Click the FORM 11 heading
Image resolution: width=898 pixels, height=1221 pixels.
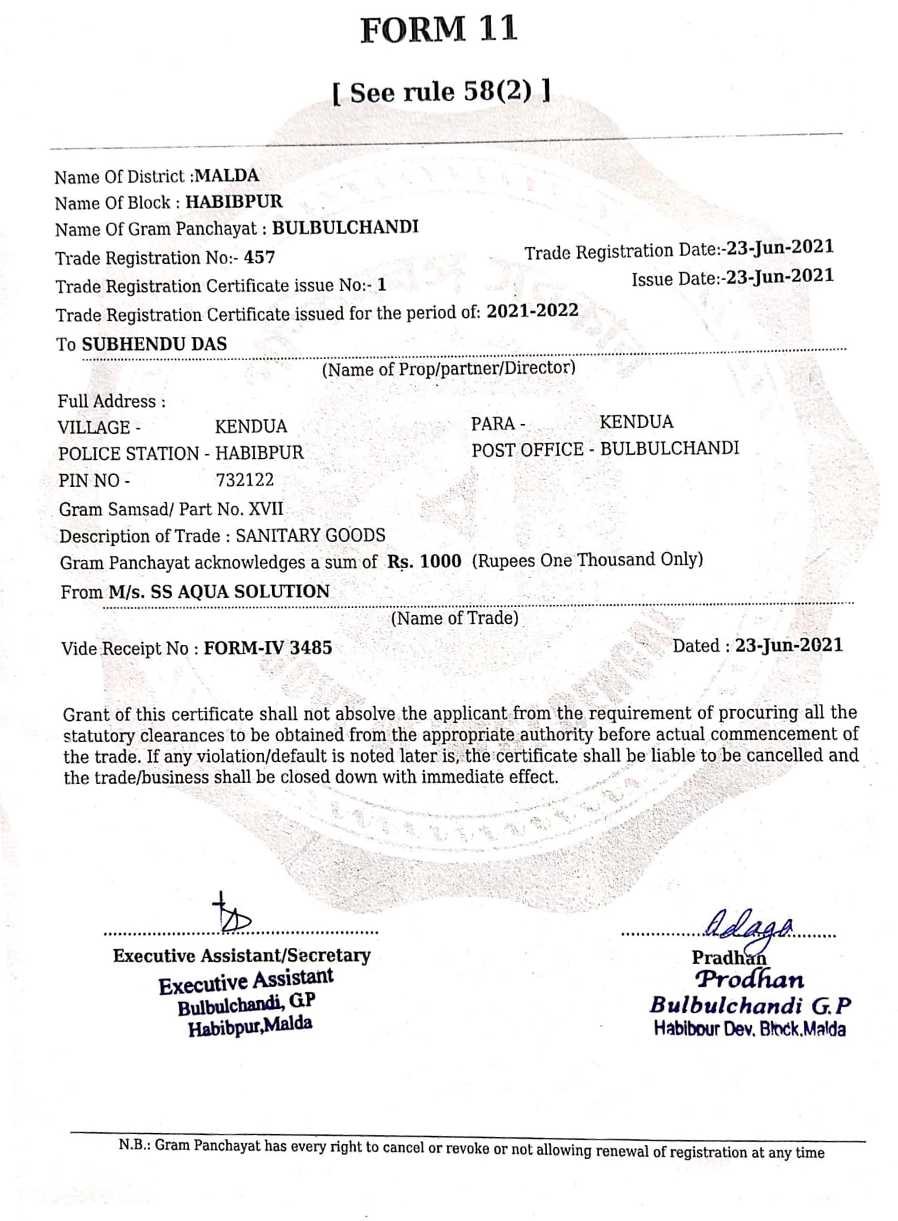(438, 30)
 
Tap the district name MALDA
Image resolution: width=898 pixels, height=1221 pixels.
(227, 176)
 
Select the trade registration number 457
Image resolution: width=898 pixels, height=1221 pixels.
(259, 257)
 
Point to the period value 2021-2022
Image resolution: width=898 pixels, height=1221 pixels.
(532, 311)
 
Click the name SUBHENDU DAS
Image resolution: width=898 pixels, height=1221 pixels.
(154, 344)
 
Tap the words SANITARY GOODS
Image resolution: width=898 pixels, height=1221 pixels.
(310, 535)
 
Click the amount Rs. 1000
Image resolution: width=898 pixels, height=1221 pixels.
(424, 561)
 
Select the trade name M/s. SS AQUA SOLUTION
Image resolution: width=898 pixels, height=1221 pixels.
(219, 592)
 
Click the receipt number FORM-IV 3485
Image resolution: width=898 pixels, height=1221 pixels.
(268, 648)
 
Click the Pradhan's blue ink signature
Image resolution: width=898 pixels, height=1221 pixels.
(749, 922)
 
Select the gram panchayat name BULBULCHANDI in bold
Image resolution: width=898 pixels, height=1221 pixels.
(345, 227)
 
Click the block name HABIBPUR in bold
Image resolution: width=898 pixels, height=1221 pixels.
(234, 202)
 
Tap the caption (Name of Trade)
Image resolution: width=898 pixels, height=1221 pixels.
(454, 618)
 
